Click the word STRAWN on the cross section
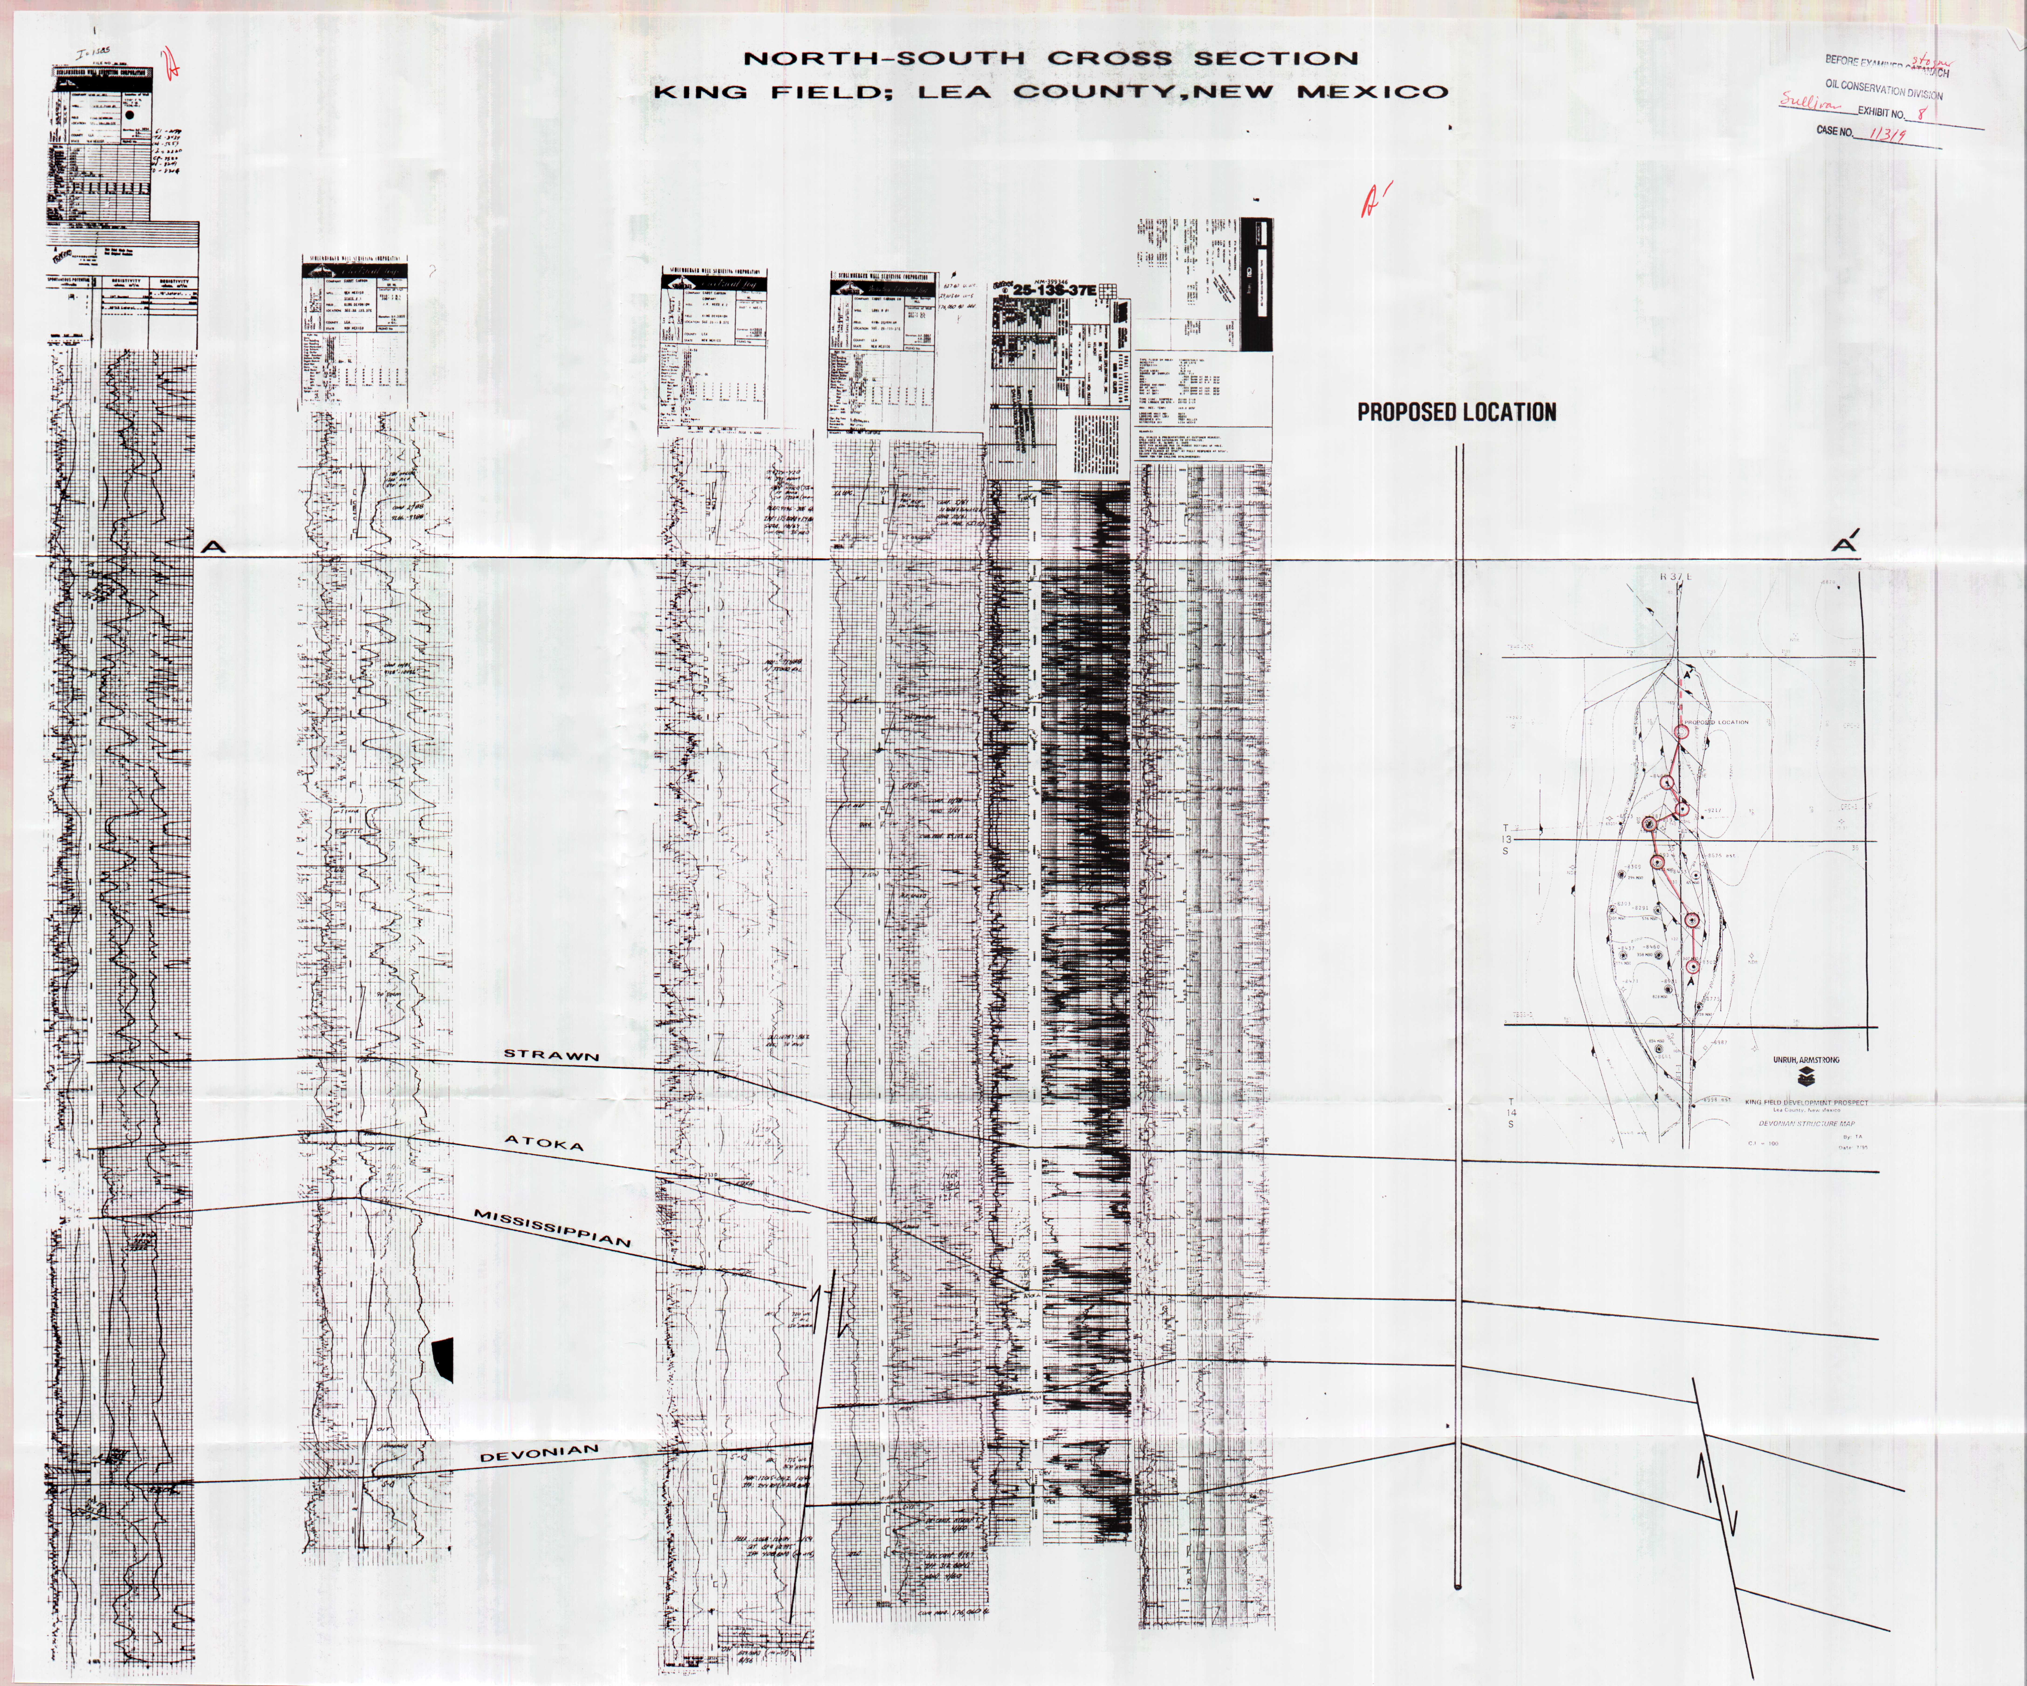pos(551,1055)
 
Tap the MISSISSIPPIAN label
pos(552,1228)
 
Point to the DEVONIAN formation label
pos(540,1453)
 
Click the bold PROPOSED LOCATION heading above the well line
pos(1457,412)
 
